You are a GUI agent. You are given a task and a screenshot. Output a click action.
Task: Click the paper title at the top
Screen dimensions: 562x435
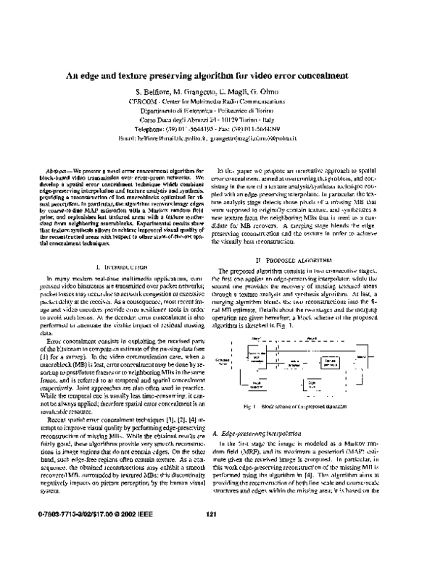217,74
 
